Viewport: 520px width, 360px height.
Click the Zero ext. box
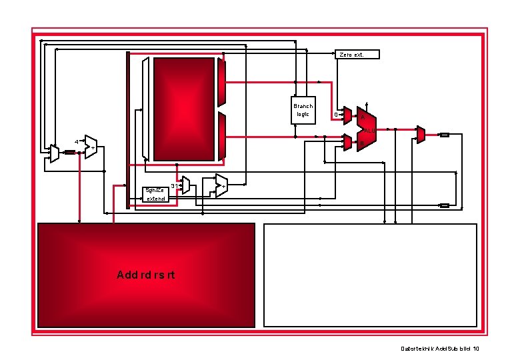(x=357, y=54)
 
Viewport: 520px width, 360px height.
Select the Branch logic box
(x=303, y=110)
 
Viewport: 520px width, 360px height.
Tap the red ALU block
(x=366, y=129)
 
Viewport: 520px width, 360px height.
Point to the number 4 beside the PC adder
(x=76, y=142)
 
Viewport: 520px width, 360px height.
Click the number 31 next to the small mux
(x=174, y=185)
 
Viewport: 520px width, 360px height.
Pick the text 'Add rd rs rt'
(x=146, y=275)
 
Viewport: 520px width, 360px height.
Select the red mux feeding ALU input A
(x=347, y=115)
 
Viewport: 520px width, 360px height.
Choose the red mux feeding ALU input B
(x=347, y=141)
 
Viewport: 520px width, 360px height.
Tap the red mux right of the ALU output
(x=421, y=134)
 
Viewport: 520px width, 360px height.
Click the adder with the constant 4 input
(x=91, y=147)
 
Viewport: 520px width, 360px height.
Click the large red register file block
(x=185, y=109)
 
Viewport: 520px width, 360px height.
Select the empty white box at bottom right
(x=371, y=275)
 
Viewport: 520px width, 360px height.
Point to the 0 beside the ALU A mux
(x=335, y=115)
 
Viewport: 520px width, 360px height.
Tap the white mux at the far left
(x=54, y=153)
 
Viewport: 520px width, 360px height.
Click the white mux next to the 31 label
(x=186, y=186)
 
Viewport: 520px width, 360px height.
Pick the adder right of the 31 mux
(x=221, y=185)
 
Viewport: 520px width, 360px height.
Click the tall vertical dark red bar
(x=128, y=130)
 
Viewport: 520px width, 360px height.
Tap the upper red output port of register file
(x=222, y=81)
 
